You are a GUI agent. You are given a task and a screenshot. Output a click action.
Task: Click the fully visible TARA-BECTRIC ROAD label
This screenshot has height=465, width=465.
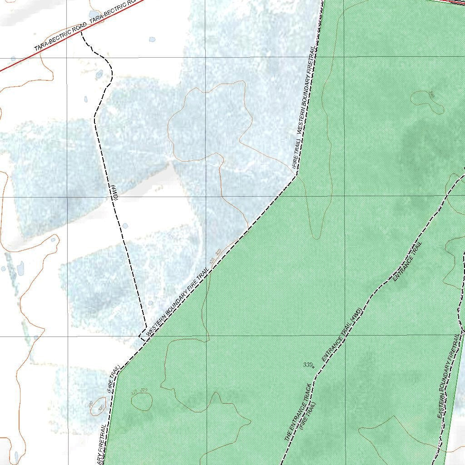60,36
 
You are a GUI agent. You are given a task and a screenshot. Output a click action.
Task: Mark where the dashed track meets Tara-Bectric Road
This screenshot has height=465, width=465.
82,33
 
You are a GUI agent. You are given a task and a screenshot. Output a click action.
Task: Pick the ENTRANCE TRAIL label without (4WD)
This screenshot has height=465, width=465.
407,261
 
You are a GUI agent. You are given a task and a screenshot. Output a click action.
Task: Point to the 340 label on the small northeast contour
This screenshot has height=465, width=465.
431,95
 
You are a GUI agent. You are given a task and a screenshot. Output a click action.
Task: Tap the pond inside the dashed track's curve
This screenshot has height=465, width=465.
99,74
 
